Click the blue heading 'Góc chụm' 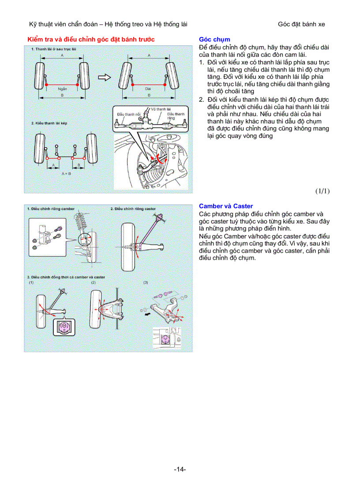[x=214, y=39]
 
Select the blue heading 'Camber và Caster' [x=226, y=206]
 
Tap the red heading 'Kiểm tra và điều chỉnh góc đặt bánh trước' [x=91, y=39]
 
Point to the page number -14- [x=180, y=469]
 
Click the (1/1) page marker [x=322, y=191]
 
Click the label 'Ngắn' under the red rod [x=62, y=89]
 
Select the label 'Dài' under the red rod [x=148, y=89]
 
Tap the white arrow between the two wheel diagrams [x=104, y=78]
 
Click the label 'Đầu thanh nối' [x=126, y=114]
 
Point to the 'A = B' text [x=66, y=174]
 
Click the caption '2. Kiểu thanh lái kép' [x=49, y=123]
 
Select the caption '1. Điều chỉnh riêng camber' [x=51, y=208]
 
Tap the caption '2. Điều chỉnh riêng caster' [x=133, y=208]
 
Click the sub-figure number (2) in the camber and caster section [x=94, y=282]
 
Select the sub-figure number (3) [x=146, y=282]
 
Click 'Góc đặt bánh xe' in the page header [x=301, y=24]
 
